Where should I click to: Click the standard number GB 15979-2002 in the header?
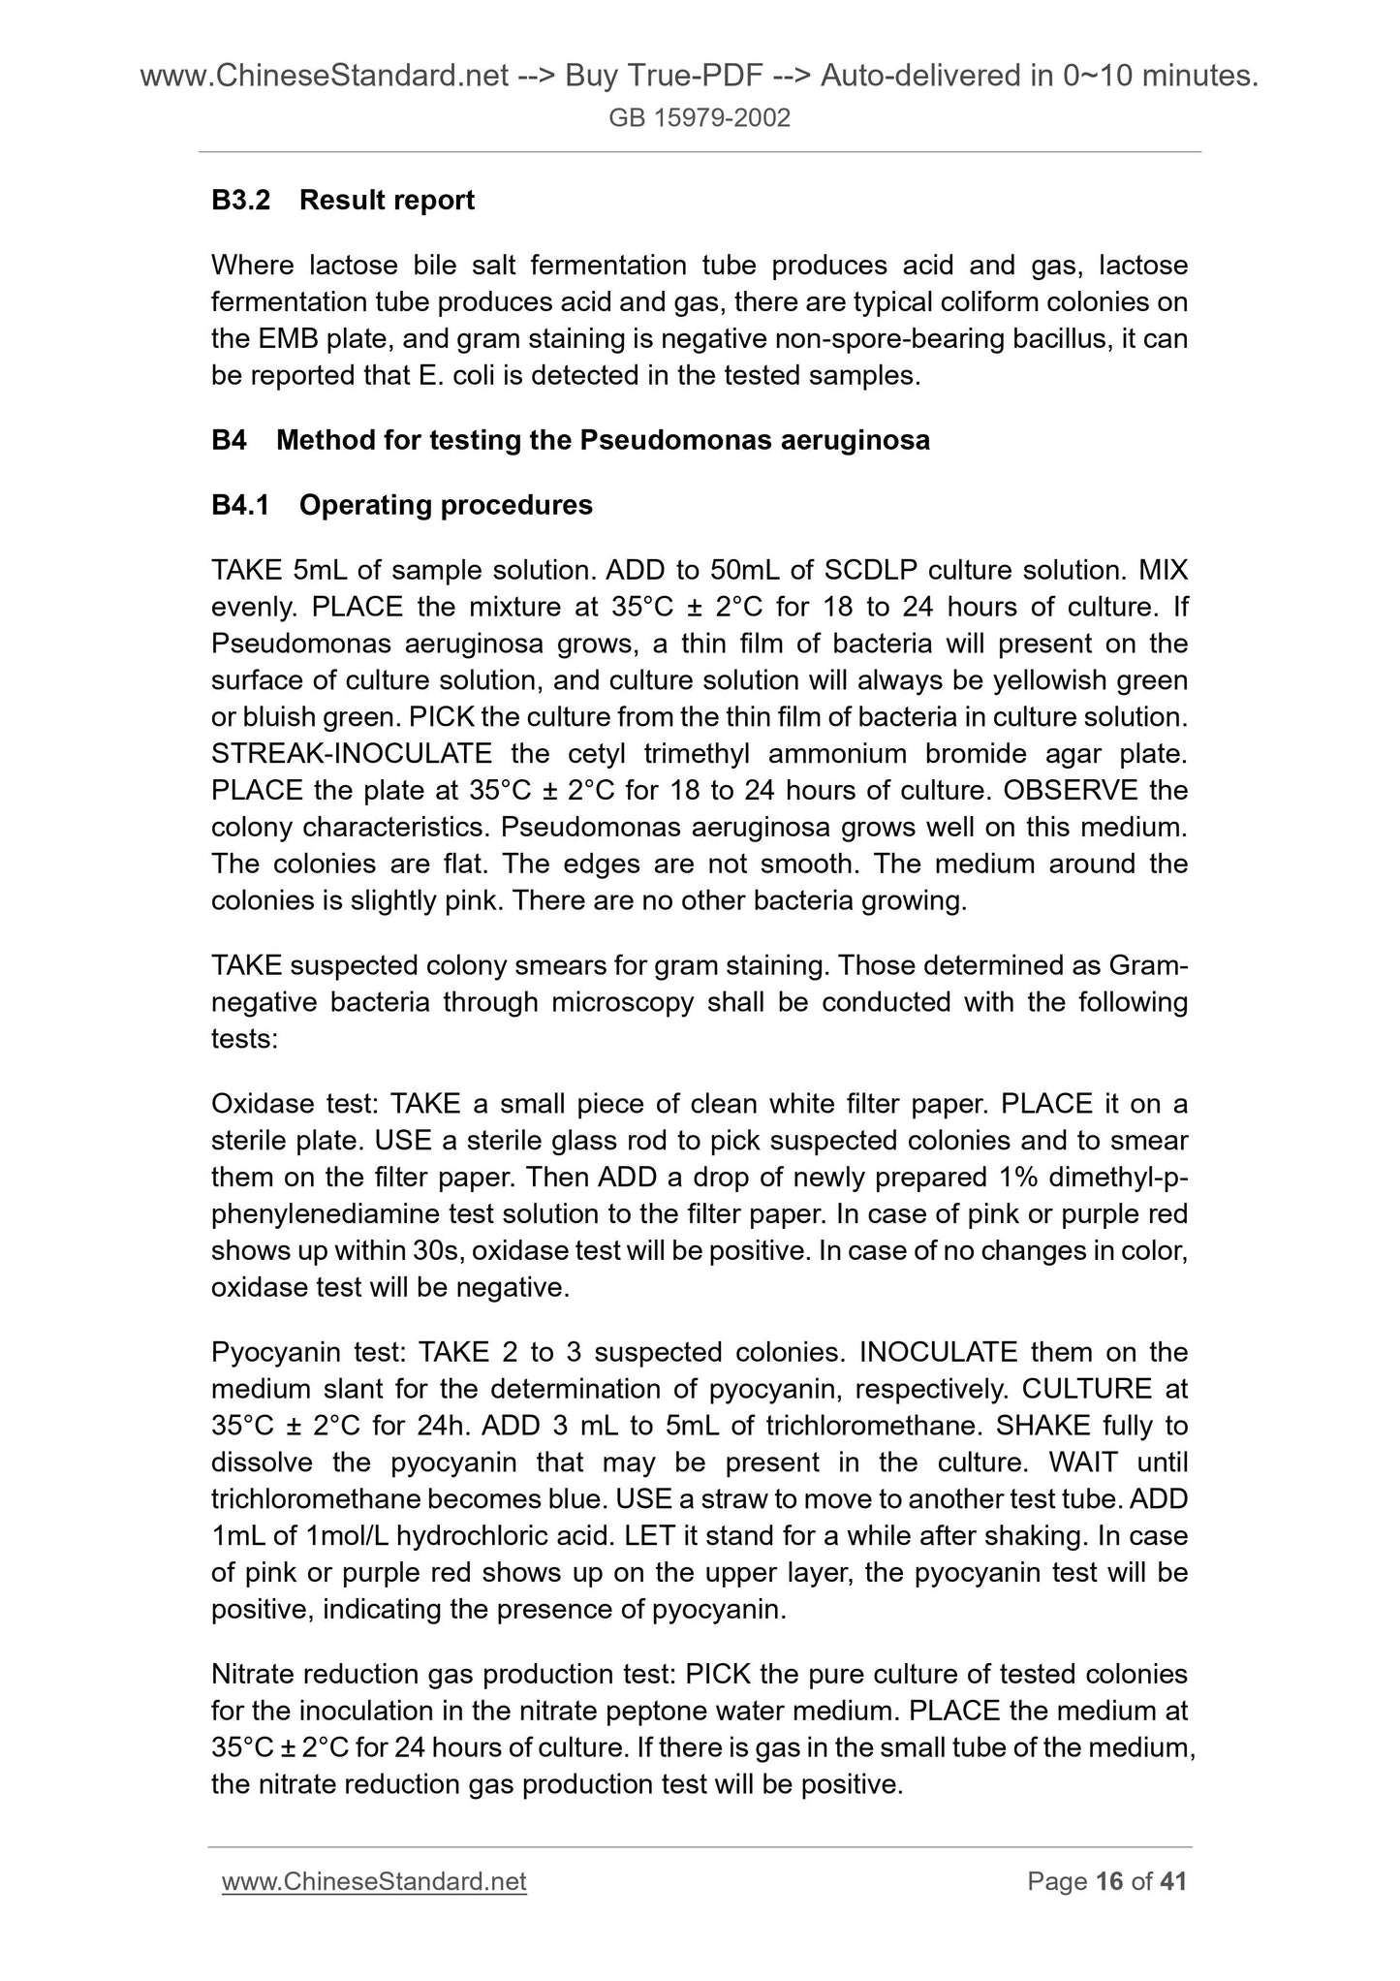point(700,118)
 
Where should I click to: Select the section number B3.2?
point(242,201)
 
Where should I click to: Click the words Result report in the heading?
point(387,201)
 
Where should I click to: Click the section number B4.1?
point(242,505)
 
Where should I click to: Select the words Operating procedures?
point(446,505)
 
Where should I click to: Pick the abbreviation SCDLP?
point(858,570)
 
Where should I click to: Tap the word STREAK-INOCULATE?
point(352,754)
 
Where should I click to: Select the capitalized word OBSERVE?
point(1070,791)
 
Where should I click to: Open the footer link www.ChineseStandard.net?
point(374,1882)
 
